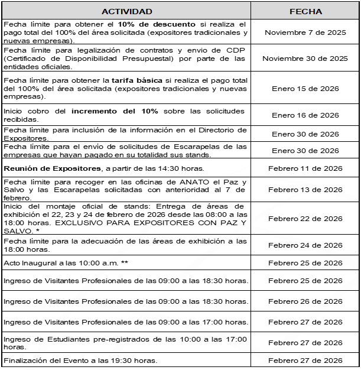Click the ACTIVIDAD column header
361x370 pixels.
tap(126, 11)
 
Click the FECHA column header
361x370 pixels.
tap(305, 11)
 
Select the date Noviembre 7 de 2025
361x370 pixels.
tap(305, 33)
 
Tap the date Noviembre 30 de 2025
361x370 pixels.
tap(305, 59)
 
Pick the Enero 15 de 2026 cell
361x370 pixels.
tap(305, 88)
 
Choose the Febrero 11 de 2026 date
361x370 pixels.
tap(305, 168)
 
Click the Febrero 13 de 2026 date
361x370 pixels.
tap(305, 190)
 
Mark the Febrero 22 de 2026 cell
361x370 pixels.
tap(305, 219)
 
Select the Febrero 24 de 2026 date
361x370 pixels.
tap(305, 245)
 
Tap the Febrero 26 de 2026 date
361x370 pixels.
tap(305, 301)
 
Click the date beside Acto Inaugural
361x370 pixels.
tap(305, 263)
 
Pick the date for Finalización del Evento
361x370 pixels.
tap(305, 361)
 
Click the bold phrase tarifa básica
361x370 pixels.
tap(129, 80)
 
